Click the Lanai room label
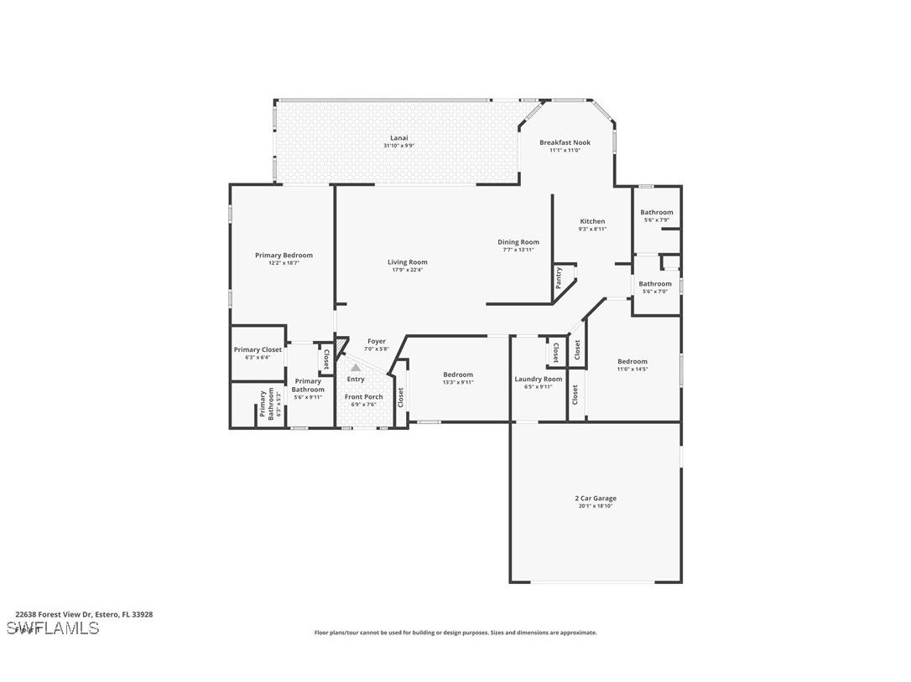click(399, 137)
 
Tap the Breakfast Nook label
click(565, 142)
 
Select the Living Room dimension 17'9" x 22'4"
click(407, 270)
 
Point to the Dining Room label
click(518, 242)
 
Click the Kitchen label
click(592, 221)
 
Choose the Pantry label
click(559, 277)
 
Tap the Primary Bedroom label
click(284, 255)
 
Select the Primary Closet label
click(258, 349)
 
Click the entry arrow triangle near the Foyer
click(356, 367)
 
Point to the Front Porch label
click(363, 396)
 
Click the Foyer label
click(377, 341)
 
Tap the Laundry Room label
click(538, 379)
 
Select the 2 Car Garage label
click(596, 498)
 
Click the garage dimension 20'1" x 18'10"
click(596, 506)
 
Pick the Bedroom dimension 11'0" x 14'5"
click(632, 369)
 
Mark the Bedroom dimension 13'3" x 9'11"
click(458, 382)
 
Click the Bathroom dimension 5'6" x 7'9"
click(657, 220)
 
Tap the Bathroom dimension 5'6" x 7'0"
click(657, 291)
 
